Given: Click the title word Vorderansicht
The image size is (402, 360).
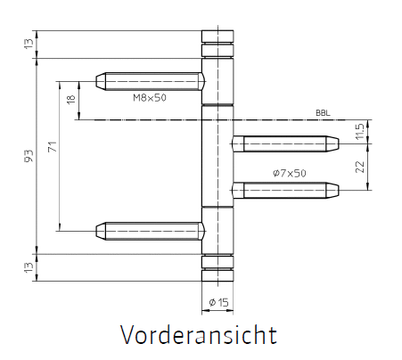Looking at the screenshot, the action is (199, 335).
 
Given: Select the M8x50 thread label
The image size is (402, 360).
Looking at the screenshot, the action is (150, 97).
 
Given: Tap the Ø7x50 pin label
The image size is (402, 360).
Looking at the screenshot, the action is (290, 173).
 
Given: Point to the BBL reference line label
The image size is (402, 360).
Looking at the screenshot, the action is (323, 113).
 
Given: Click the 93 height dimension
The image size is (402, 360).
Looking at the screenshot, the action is (29, 156).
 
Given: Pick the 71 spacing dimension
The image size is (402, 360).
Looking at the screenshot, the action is (53, 147).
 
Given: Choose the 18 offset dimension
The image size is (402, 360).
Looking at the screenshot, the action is (71, 99).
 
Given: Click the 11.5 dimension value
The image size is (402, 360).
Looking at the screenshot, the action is (359, 132).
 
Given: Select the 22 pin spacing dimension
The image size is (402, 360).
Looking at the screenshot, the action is (359, 167).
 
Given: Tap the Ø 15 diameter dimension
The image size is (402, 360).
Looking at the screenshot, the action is (218, 303).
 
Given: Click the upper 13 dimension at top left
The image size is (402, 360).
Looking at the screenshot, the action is (29, 44).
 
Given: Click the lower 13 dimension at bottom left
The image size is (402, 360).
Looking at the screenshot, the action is (29, 267).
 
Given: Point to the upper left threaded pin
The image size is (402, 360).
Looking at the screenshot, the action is (151, 81).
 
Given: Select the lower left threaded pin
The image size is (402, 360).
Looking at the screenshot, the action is (151, 231).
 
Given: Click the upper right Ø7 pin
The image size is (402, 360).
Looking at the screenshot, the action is (285, 143).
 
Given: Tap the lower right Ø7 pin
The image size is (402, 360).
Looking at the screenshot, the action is (285, 190).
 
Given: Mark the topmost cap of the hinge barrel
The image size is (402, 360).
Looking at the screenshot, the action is (217, 37).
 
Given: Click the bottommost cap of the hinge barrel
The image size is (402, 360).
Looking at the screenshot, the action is (217, 275).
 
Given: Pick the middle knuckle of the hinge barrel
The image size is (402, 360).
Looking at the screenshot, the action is (217, 156).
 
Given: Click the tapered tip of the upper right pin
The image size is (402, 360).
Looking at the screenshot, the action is (332, 143).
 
